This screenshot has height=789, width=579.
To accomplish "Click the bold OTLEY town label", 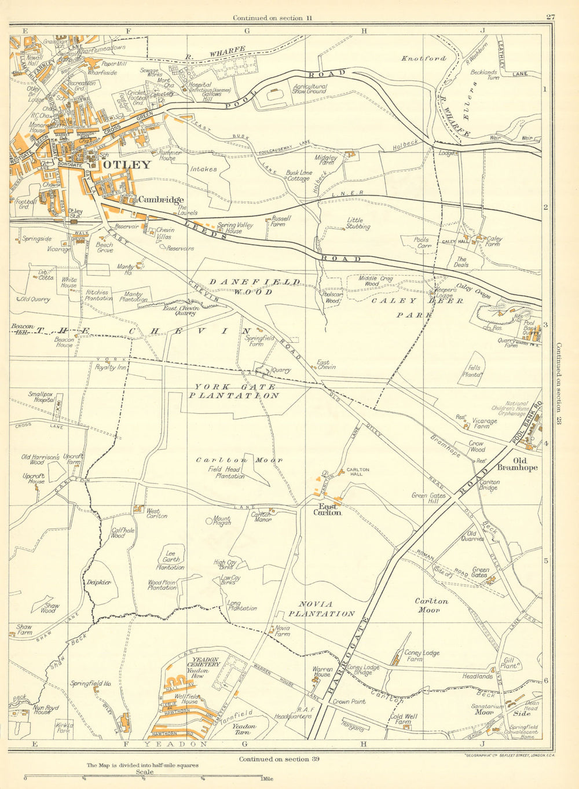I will click(127, 164).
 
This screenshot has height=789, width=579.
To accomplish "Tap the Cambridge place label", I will click(160, 200).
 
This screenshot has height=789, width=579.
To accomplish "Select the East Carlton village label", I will click(327, 508).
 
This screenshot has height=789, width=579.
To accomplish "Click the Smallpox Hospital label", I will click(41, 397).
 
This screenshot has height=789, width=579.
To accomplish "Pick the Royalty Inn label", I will click(111, 367).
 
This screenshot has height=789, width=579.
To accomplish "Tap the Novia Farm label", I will click(282, 631).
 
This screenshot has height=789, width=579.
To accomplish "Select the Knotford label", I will click(424, 58).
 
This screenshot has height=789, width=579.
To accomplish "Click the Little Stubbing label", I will click(358, 223).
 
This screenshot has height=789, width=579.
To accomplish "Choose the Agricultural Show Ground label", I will click(309, 89).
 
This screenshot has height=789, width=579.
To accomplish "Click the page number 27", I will click(550, 17).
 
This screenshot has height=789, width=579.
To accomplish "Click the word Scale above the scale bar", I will click(145, 772).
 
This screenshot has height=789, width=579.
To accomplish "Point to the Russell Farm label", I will click(281, 222).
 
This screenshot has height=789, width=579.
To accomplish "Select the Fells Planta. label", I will click(475, 371).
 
